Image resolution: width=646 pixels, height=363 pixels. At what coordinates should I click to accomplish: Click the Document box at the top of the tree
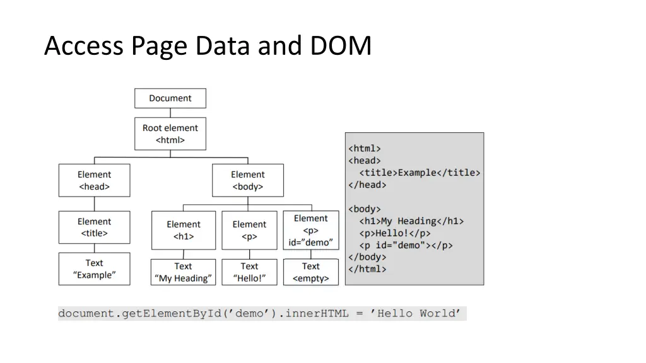pos(170,98)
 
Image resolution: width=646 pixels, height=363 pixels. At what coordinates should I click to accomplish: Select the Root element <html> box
pos(170,134)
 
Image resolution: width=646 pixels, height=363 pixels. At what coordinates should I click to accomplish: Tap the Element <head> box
pos(94,180)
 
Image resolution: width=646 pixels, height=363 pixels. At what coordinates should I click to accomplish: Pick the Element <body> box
pos(248,180)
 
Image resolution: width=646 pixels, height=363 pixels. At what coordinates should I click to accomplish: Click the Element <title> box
pos(94,227)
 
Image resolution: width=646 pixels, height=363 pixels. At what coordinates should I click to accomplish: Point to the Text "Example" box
pos(94,269)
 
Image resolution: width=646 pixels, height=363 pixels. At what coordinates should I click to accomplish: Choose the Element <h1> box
pos(184,230)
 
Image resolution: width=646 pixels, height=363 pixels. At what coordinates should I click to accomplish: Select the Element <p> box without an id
pos(249,230)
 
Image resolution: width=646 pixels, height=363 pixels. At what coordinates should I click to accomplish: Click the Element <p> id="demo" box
pos(310,230)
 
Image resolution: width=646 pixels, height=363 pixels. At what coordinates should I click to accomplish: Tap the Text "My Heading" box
pos(183,272)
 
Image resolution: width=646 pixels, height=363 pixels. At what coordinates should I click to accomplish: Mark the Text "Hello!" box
pos(249,272)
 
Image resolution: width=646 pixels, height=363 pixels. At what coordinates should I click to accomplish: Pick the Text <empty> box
pos(310,272)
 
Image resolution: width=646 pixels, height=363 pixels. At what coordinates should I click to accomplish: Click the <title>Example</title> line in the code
pos(420,173)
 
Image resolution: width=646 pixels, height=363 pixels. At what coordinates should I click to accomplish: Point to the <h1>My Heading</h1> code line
pos(411,221)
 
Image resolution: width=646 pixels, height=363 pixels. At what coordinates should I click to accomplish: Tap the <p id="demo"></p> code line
pos(406,245)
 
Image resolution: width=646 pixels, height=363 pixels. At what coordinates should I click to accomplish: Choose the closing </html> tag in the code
pos(367,269)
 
